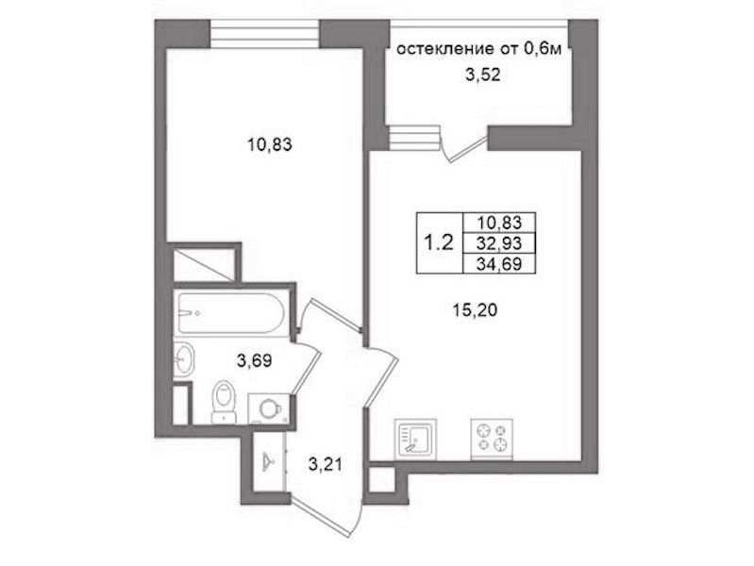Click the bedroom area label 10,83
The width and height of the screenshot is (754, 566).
(x=269, y=144)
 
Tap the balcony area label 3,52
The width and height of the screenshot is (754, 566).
(x=483, y=75)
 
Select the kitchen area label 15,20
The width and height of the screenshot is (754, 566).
(x=475, y=310)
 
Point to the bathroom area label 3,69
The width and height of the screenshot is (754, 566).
(x=255, y=360)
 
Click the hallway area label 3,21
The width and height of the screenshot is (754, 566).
(x=325, y=464)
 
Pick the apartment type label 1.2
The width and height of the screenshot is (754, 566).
(x=438, y=243)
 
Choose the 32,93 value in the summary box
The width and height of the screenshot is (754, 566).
(x=499, y=243)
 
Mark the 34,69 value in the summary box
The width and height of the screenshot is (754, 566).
(x=499, y=264)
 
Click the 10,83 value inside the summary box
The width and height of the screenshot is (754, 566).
(x=499, y=223)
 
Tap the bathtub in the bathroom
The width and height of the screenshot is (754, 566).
(x=231, y=313)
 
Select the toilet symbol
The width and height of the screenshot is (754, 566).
(x=224, y=402)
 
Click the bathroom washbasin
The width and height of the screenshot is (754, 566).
(x=184, y=359)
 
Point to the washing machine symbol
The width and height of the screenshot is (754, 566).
(x=269, y=408)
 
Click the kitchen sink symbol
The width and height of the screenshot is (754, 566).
(x=415, y=439)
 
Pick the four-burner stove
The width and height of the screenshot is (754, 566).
(x=492, y=439)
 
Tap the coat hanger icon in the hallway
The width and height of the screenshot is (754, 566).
(x=269, y=462)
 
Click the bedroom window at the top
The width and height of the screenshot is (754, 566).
(x=265, y=34)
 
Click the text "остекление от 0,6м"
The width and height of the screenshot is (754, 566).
(x=479, y=49)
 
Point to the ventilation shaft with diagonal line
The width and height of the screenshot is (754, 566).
(x=204, y=264)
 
